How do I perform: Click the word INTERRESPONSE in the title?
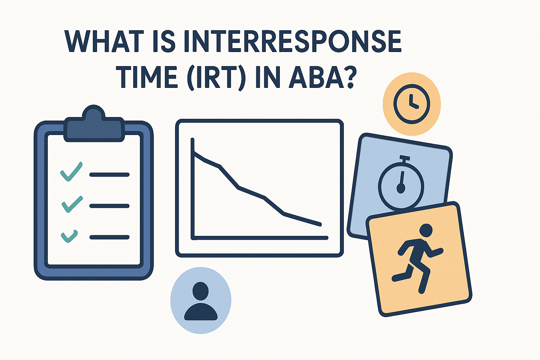[292, 41]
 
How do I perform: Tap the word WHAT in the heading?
[104, 41]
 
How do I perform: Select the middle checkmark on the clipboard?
[72, 204]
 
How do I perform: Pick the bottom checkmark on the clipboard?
[69, 236]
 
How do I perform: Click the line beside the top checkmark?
[109, 174]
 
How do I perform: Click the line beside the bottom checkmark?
[109, 238]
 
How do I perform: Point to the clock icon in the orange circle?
[411, 104]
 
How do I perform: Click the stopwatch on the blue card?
[401, 185]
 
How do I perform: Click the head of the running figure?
[426, 230]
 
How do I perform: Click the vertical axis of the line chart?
[193, 190]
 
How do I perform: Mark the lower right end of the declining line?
[320, 224]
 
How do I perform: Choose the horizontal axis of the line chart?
[260, 238]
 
